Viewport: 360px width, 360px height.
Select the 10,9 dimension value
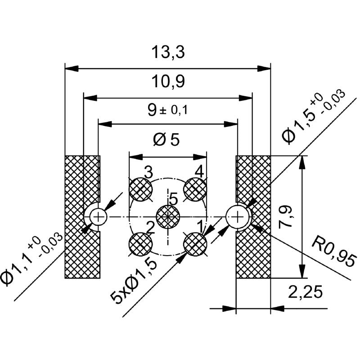(x=167, y=82)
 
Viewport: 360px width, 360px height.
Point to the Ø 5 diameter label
(x=166, y=140)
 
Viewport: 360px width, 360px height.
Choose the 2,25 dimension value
(x=306, y=292)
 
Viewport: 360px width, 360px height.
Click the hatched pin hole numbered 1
(x=195, y=244)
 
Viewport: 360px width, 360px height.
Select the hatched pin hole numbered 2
(x=140, y=244)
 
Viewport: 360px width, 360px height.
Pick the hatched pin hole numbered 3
(x=140, y=189)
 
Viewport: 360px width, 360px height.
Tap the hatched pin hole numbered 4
(x=195, y=189)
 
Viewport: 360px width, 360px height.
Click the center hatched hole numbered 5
(x=168, y=216)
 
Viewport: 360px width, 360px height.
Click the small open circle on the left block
(x=97, y=217)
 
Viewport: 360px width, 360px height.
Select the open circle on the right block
(x=237, y=217)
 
